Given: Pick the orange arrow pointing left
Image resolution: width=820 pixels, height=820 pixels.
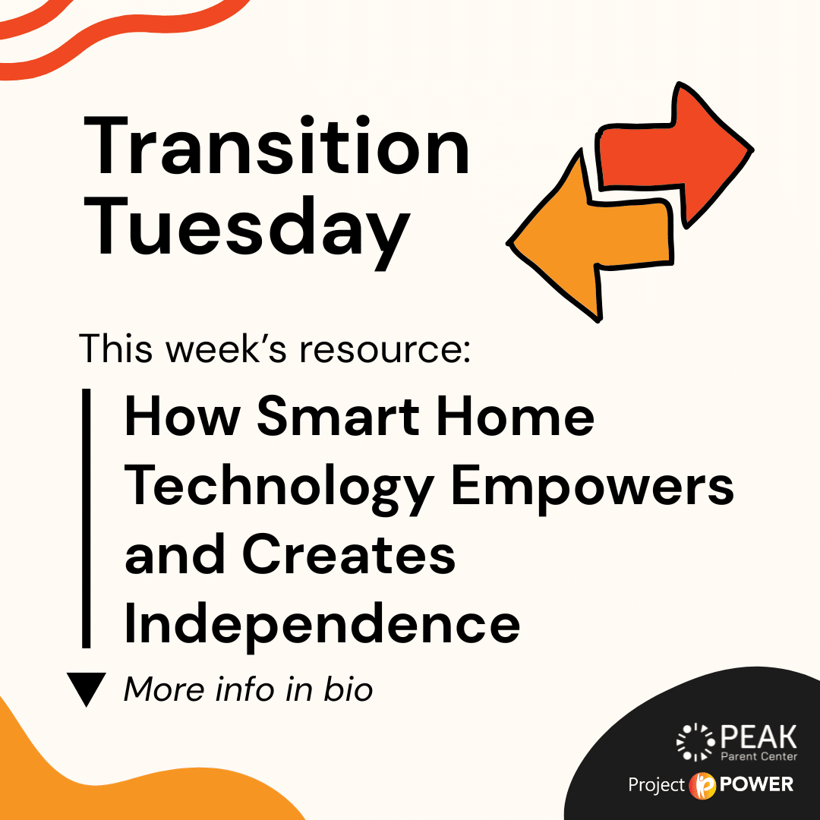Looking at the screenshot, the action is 590,235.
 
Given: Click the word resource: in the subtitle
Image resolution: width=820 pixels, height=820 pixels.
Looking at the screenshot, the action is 385,348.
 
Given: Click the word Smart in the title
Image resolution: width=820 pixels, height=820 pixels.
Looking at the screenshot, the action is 338,417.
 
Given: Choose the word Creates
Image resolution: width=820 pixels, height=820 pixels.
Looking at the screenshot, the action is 348,554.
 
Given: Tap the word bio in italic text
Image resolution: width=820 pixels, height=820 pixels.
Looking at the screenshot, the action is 348,689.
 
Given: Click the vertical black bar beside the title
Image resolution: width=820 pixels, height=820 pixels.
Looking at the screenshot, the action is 87,518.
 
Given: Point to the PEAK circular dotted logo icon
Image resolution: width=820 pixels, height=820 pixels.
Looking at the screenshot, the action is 695,742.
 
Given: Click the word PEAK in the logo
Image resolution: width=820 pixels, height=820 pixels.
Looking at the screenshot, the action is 758,736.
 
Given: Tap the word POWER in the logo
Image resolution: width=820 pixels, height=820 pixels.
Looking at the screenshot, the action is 757,784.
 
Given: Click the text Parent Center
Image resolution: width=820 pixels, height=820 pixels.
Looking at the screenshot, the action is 759,756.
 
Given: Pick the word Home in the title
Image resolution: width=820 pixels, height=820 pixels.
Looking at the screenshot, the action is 516,417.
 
